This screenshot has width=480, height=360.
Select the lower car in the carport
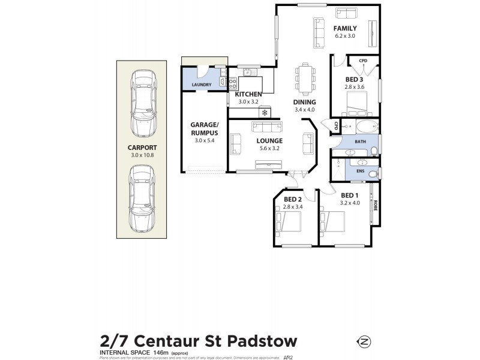coord(142,199)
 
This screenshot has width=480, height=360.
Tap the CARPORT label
coord(142,147)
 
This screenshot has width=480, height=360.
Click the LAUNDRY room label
coord(201,85)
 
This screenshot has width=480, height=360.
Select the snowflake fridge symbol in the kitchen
coord(263,112)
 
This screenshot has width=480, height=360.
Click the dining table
coord(305,78)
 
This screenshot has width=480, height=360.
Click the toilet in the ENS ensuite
coord(373,174)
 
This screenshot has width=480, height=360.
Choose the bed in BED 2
coord(288,221)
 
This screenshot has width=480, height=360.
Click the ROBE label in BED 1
coord(376,205)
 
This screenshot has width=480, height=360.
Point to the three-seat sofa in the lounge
coord(267,127)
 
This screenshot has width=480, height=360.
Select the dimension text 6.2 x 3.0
coord(345,36)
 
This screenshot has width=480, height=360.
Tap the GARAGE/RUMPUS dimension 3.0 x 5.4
coord(205,140)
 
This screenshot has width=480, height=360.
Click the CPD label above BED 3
coord(363,61)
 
